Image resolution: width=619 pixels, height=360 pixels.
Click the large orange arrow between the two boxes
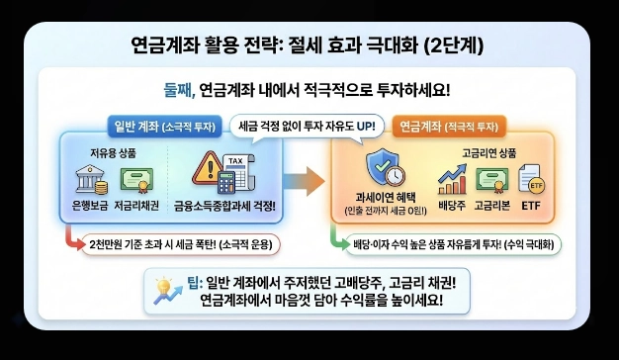310,181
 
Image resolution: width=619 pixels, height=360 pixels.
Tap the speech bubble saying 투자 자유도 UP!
308,127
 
